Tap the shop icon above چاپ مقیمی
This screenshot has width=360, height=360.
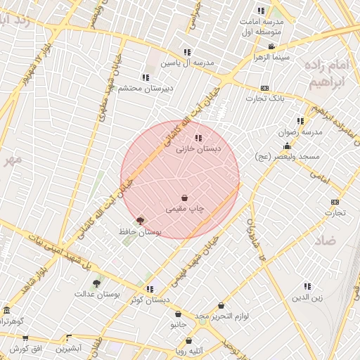184,198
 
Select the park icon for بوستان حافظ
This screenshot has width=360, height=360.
140,221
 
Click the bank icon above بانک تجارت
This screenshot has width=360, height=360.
264,88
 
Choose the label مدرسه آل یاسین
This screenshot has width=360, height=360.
187,63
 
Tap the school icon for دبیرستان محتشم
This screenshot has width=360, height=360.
146,77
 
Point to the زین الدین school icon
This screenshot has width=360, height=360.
307,285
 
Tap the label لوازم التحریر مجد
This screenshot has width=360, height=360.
222,316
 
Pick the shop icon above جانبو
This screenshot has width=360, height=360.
179,314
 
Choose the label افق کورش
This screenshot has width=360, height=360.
27,349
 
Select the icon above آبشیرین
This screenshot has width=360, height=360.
69,337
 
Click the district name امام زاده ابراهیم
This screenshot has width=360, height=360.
328,73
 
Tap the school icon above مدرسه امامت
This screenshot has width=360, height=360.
261,10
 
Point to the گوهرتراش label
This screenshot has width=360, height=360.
11,321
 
